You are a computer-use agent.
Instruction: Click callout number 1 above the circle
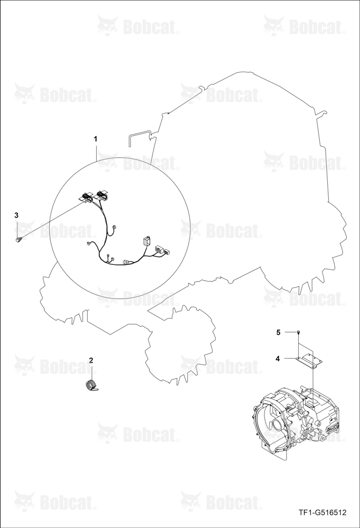coord(96,139)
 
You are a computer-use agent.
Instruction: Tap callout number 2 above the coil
coord(91,360)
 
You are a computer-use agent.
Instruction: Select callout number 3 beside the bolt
coord(16,215)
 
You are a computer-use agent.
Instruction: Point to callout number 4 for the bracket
coord(278,359)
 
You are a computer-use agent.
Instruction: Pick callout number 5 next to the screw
coord(278,332)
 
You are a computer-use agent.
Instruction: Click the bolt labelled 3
coord(18,239)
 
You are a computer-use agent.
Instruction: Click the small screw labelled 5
coord(298,332)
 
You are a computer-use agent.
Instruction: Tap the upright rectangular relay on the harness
coord(146,242)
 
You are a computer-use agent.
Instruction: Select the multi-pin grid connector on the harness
coord(158,250)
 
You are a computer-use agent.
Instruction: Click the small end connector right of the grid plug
coord(167,251)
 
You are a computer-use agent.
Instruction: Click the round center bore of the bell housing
coord(279,426)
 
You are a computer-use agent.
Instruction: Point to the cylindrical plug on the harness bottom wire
coord(127,261)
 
